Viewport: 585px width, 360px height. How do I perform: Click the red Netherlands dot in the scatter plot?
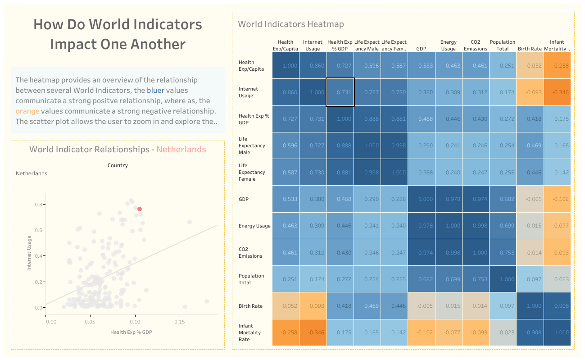pyautogui.click(x=140, y=209)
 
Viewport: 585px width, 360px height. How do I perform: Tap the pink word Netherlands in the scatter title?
pyautogui.click(x=181, y=150)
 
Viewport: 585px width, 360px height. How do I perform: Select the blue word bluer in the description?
pyautogui.click(x=155, y=91)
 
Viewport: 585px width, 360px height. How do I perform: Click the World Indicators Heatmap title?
pyautogui.click(x=290, y=24)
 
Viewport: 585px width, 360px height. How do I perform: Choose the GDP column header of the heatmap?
pyautogui.click(x=421, y=49)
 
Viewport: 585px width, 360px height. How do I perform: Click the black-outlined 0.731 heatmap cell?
pyautogui.click(x=340, y=92)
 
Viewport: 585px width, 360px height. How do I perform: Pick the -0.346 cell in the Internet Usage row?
pyautogui.click(x=557, y=92)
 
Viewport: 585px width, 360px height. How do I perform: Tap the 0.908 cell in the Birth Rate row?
pyautogui.click(x=557, y=306)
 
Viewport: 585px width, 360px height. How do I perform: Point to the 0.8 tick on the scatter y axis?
pyautogui.click(x=39, y=205)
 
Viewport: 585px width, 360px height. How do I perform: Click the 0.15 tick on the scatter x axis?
pyautogui.click(x=180, y=322)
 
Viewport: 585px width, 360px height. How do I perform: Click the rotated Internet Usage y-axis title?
pyautogui.click(x=29, y=252)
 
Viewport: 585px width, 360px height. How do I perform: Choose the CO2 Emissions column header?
pyautogui.click(x=476, y=46)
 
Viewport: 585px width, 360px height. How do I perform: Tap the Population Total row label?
pyautogui.click(x=251, y=279)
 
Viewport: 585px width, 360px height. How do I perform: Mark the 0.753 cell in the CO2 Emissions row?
pyautogui.click(x=503, y=253)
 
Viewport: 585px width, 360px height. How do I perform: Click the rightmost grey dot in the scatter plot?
pyautogui.click(x=207, y=301)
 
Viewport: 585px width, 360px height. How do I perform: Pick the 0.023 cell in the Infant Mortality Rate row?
pyautogui.click(x=503, y=333)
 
